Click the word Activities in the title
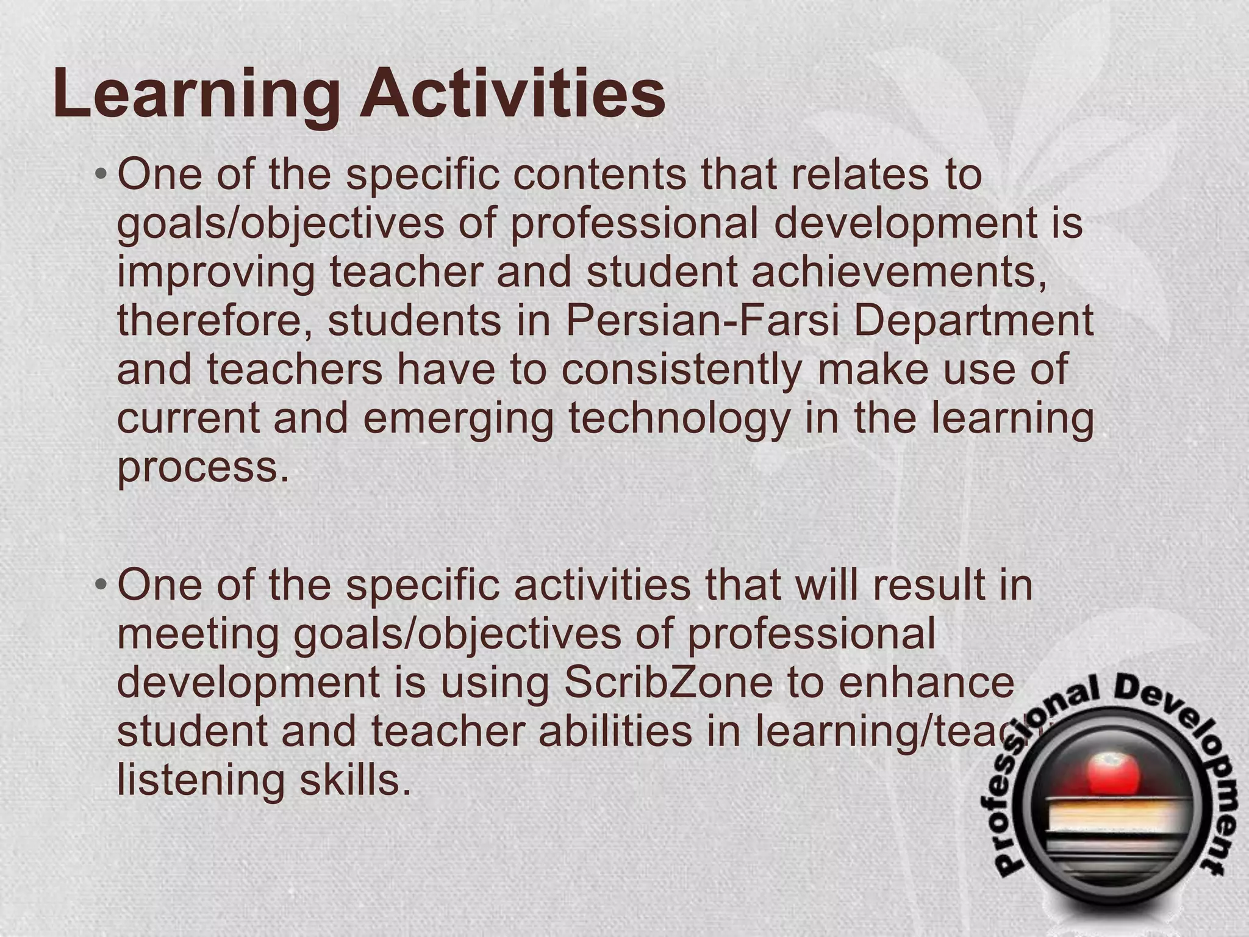[x=512, y=95]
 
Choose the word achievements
[x=900, y=272]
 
